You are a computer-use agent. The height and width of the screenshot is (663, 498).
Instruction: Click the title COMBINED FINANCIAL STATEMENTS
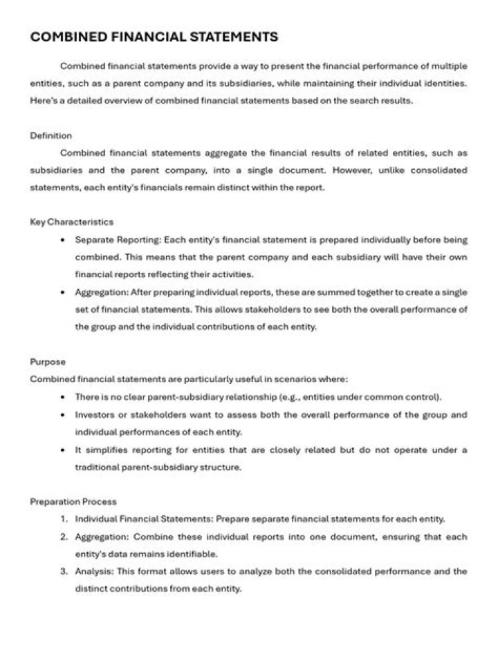point(154,37)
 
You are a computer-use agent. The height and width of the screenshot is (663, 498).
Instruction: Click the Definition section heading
point(50,135)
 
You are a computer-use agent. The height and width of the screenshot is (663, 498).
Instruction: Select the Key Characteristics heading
point(72,222)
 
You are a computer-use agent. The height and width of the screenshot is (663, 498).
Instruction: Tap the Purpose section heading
point(47,361)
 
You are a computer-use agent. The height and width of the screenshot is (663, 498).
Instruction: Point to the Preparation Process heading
point(73,501)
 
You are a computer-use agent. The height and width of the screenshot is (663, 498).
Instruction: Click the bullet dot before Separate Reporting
point(64,240)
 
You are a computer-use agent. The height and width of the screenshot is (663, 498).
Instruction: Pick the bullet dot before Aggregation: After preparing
point(64,292)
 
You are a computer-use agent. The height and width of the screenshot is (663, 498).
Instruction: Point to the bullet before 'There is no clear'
point(64,397)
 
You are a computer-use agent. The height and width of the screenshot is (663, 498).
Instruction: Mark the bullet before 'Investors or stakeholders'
point(64,415)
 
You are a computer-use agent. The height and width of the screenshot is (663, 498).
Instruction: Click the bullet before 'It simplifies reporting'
point(64,450)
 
